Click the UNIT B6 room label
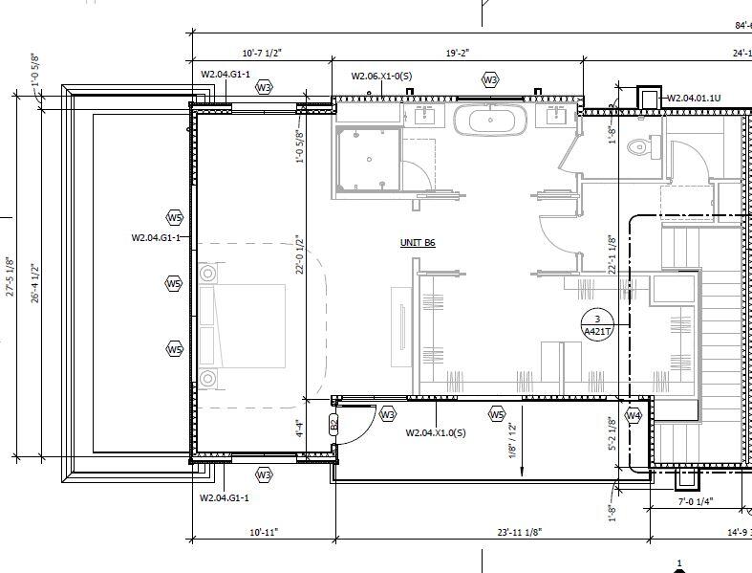pos(418,244)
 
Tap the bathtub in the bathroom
pos(489,121)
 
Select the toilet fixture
pos(638,148)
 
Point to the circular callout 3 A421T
pos(596,325)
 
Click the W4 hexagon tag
pos(633,415)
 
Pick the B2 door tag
pos(333,424)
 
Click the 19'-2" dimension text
pos(457,53)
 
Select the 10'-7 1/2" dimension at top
pos(264,53)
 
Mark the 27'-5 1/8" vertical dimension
pos(11,276)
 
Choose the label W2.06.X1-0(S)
pos(379,76)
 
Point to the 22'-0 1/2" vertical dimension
pos(299,255)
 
